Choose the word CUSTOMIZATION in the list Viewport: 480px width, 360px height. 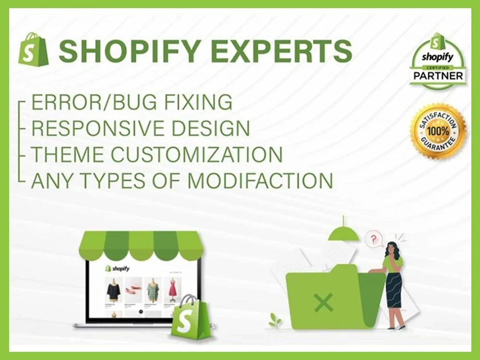197,155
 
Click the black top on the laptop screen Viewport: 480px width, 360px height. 114,290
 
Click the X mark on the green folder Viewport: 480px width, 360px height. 324,302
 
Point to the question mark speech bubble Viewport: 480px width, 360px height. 374,238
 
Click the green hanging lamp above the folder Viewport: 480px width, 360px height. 343,232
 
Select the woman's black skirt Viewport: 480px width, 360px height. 393,290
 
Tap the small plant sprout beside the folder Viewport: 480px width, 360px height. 275,320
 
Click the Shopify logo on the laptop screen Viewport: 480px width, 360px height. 118,268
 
